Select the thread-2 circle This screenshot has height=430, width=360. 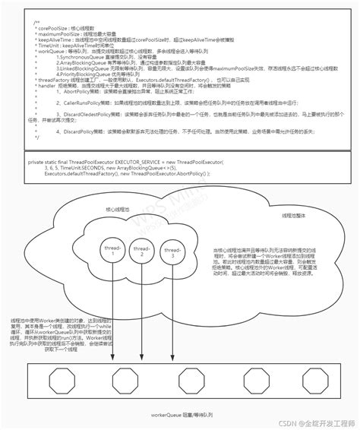pyautogui.click(x=141, y=251)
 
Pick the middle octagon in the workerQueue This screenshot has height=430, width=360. pyautogui.click(x=189, y=378)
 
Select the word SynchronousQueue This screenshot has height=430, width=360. pyautogui.click(x=84, y=57)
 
